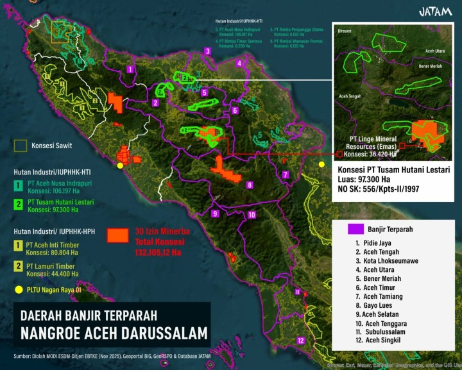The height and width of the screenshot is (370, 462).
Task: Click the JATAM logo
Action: (x=436, y=12)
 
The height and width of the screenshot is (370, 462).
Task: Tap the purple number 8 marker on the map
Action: (x=250, y=185)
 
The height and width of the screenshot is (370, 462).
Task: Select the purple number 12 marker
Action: (x=301, y=341)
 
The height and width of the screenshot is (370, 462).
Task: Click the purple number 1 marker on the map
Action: (x=130, y=69)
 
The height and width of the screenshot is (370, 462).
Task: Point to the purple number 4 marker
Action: (x=239, y=63)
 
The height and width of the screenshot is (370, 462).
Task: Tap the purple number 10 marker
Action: (x=252, y=215)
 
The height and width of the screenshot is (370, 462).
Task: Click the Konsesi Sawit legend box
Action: (x=21, y=146)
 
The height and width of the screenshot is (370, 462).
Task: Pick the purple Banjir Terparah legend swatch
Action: (x=355, y=228)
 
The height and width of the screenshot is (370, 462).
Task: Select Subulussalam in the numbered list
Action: (x=386, y=333)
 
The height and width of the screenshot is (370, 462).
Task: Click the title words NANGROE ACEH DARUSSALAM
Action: (x=114, y=333)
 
